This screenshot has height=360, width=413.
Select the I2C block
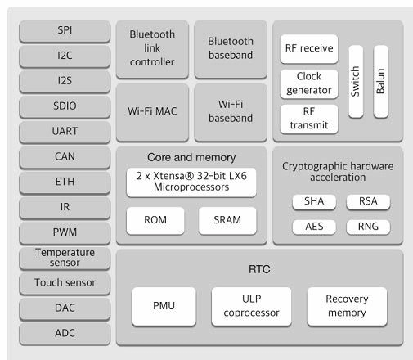(64, 56)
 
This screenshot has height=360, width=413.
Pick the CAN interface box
(64, 156)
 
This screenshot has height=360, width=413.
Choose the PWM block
(64, 232)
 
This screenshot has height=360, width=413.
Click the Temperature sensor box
(64, 258)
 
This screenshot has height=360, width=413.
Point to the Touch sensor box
(64, 283)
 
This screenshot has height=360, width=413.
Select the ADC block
(64, 333)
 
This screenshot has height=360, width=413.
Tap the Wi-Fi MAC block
(152, 111)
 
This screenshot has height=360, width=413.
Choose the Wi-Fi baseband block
(230, 111)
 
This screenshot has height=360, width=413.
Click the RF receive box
(308, 48)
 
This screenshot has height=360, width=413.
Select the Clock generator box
(308, 83)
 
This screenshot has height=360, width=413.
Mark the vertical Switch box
(354, 83)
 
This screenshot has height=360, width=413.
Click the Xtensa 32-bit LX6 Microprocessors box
(191, 183)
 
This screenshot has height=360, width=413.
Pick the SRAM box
(227, 221)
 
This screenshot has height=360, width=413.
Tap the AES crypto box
(308, 227)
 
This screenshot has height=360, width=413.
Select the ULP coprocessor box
(251, 306)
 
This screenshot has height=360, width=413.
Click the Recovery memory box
(346, 306)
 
